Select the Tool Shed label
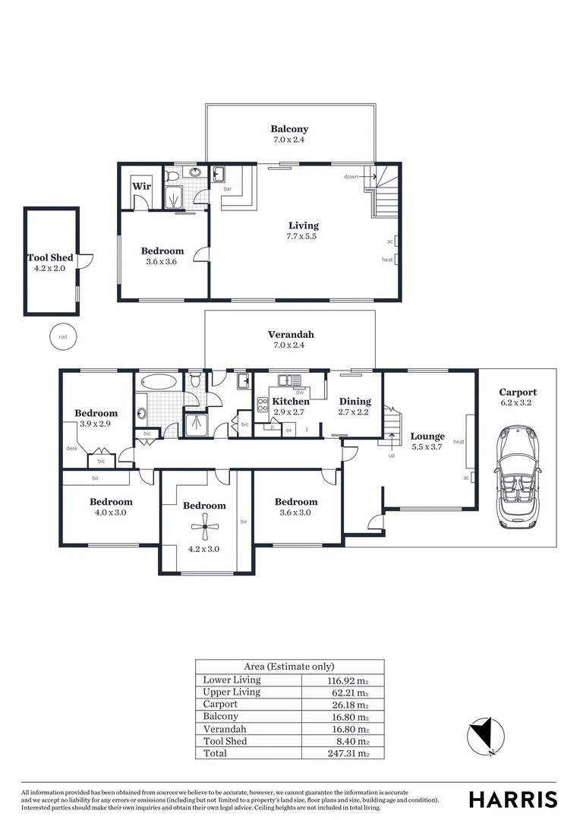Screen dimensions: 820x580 pyautogui.click(x=50, y=258)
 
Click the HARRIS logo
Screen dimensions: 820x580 pyautogui.click(x=512, y=799)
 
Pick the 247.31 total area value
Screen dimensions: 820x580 pyautogui.click(x=343, y=753)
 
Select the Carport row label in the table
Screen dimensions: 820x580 pyautogui.click(x=220, y=705)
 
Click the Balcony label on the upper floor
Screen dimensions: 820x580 pyautogui.click(x=289, y=129)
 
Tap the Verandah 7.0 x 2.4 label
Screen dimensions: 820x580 pyautogui.click(x=290, y=339)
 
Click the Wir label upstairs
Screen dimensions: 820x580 pyautogui.click(x=141, y=186)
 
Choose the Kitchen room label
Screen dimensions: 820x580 pyautogui.click(x=291, y=401)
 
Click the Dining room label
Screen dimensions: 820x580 pyautogui.click(x=355, y=401)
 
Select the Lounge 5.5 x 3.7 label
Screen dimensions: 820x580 pyautogui.click(x=427, y=441)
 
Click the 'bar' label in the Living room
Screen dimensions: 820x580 pyautogui.click(x=227, y=188)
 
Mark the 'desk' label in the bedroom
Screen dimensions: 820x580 pyautogui.click(x=72, y=448)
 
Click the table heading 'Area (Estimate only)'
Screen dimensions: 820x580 pyautogui.click(x=289, y=667)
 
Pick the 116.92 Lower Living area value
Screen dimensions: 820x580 pyautogui.click(x=343, y=680)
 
